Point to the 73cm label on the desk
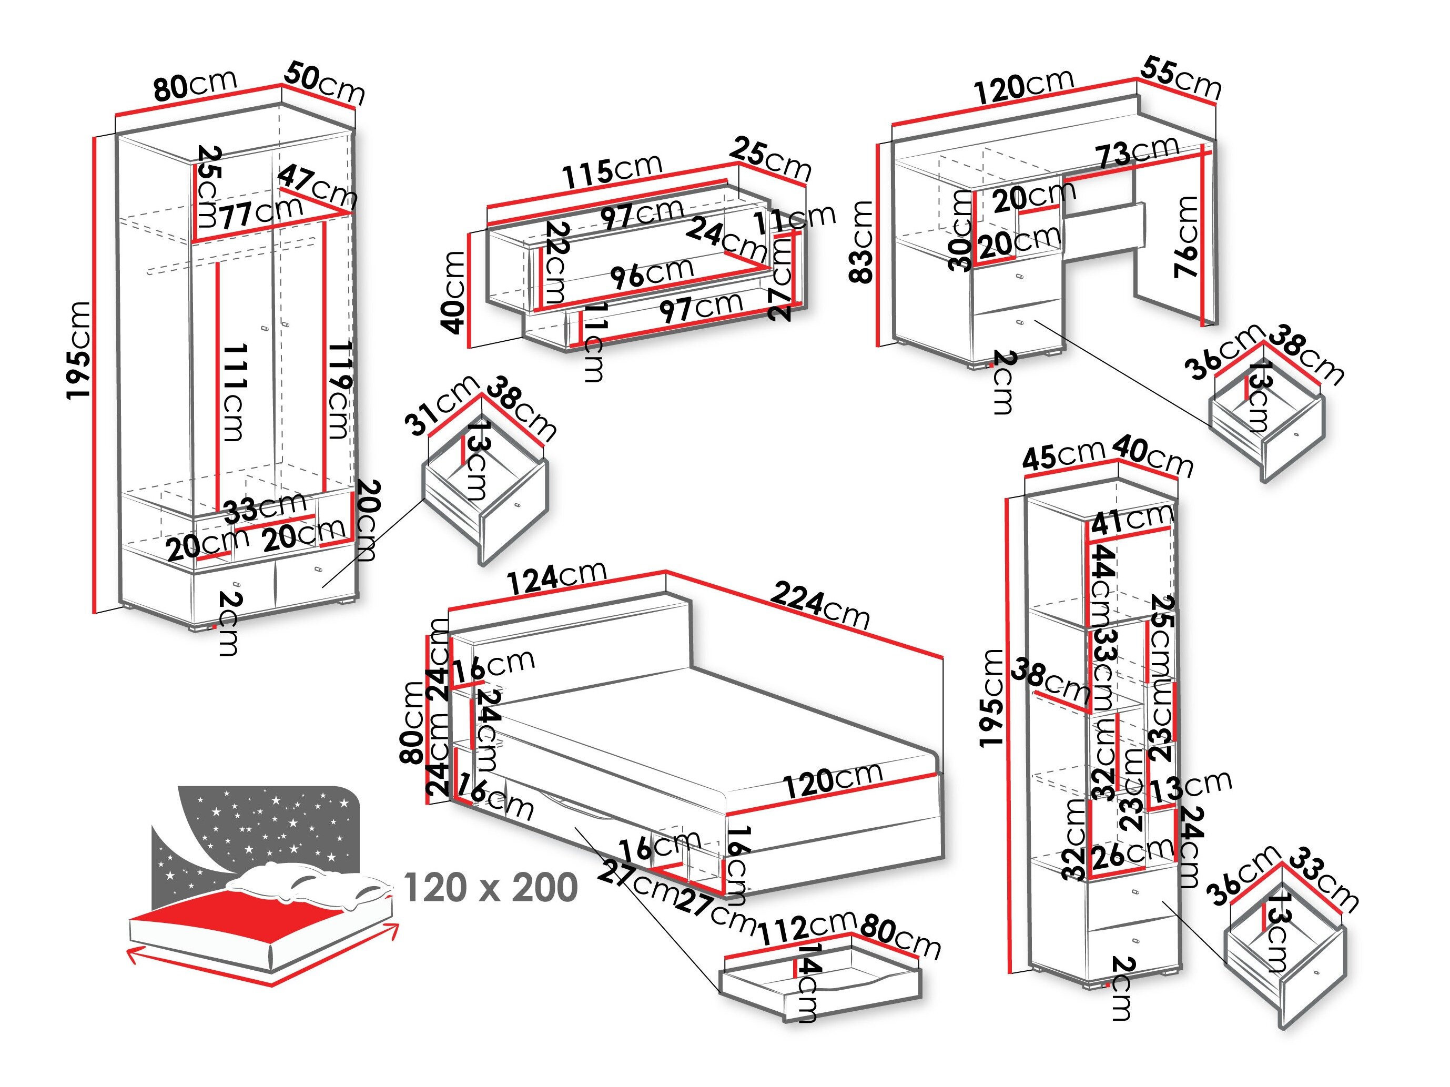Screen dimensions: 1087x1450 [x=1138, y=153]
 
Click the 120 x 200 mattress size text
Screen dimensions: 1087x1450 [x=490, y=888]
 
